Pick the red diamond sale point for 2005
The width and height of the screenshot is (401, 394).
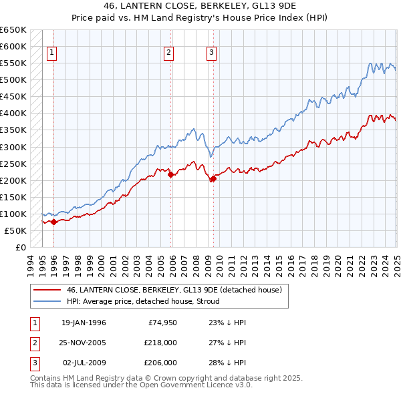(x=170, y=174)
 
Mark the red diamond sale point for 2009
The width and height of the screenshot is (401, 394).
(x=213, y=178)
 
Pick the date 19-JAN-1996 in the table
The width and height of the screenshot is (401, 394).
(x=84, y=323)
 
